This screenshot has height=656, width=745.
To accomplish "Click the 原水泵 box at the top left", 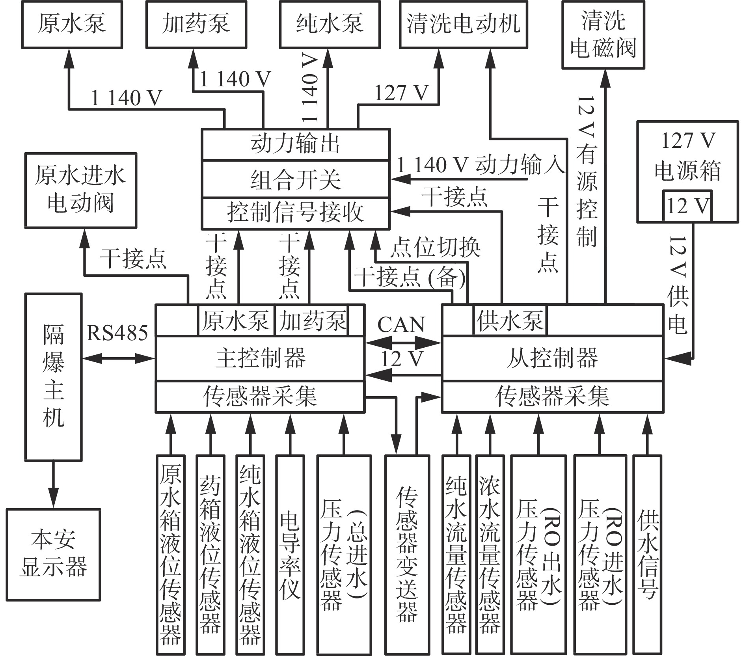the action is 72,24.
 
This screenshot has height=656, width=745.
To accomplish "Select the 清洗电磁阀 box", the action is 603,35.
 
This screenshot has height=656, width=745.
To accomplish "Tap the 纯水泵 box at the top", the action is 330,24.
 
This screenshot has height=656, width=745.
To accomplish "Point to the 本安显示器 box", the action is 53,555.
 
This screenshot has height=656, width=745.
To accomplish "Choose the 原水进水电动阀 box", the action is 80,191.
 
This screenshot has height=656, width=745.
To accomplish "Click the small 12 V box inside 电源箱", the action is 687,206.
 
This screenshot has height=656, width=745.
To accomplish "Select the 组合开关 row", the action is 295,179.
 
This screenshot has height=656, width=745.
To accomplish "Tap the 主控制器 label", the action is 261,358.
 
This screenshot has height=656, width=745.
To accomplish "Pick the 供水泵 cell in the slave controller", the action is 510,321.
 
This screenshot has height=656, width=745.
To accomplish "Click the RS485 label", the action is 117,333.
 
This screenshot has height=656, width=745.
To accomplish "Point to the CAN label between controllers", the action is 401,325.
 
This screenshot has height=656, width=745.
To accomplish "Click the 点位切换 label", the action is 436,248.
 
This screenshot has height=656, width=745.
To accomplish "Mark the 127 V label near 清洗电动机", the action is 401,93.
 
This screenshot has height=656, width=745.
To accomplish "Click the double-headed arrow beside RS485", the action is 118,358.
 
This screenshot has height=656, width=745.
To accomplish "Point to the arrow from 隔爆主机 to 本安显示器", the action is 53,485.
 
